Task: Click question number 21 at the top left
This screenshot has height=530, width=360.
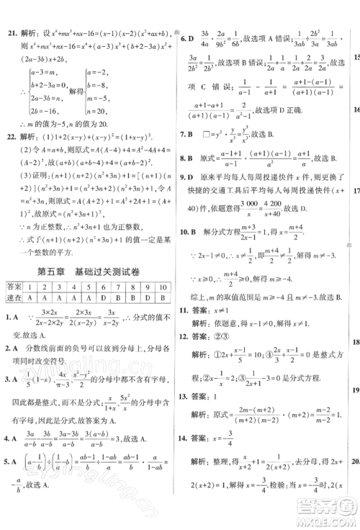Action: pyautogui.click(x=10, y=34)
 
